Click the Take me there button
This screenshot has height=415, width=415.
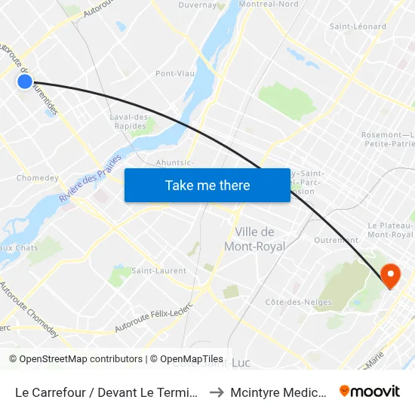[207, 185]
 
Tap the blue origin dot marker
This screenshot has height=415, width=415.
[25, 81]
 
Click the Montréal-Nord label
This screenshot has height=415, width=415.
[269, 5]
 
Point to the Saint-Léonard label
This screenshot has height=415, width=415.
[358, 26]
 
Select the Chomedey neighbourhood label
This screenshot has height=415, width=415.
[38, 178]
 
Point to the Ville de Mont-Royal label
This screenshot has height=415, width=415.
[254, 239]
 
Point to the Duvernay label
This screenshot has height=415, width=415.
[198, 5]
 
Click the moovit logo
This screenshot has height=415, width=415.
[369, 391]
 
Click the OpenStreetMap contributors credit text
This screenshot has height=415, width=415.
[76, 359]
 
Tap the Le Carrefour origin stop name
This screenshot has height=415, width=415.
[107, 392]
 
